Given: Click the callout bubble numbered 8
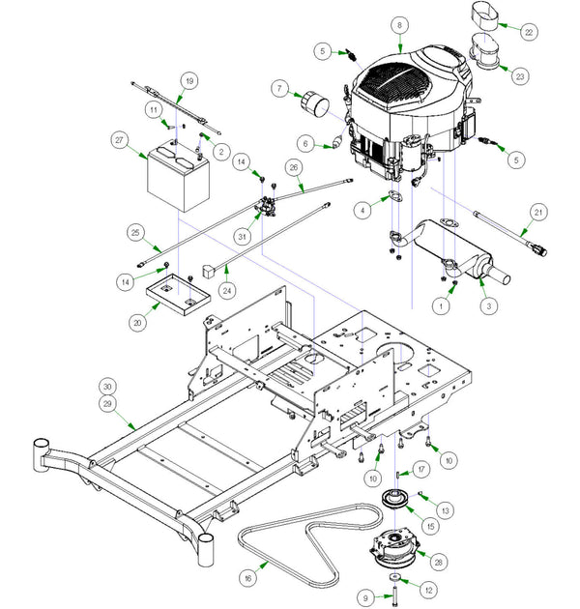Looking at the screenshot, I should point(398,23).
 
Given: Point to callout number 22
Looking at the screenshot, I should point(528,32).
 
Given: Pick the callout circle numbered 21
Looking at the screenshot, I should point(539,212).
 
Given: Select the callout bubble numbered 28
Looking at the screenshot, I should point(441,563).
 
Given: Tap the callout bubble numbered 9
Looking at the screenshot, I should point(365,598).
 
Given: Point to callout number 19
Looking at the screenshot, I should point(188,80).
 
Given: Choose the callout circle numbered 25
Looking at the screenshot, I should point(134,232).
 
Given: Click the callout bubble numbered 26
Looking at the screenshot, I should point(295,166).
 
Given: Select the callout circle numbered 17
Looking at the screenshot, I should point(420,470).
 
